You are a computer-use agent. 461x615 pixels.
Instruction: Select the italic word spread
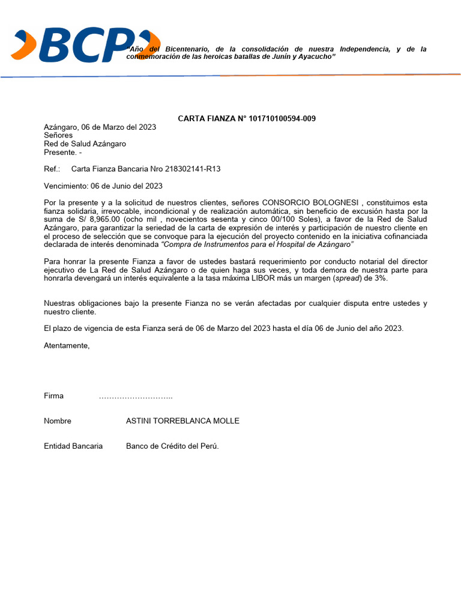[x=348, y=279]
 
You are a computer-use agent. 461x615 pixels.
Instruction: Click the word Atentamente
[x=66, y=345]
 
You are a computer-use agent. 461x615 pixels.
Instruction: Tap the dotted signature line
[x=136, y=396]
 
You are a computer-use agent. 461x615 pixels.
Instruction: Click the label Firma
[x=53, y=396]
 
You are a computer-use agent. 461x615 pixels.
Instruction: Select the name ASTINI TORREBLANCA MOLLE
[x=182, y=421]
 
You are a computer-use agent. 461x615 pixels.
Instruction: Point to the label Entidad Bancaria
[x=73, y=446]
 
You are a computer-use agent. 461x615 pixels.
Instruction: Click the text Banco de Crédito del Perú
[x=172, y=446]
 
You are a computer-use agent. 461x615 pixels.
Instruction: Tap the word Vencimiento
[x=65, y=186]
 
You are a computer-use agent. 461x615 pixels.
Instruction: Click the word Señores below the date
[x=58, y=135]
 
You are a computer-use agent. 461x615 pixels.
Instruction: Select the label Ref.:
[x=52, y=169]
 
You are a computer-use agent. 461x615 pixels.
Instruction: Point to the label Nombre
[x=58, y=421]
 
